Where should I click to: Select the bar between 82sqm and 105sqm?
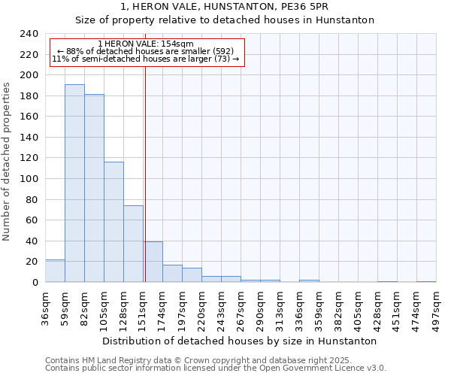point(94,188)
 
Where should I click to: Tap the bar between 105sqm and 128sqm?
point(114,222)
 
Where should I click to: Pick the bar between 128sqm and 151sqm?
point(133,244)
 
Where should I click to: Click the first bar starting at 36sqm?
point(55,271)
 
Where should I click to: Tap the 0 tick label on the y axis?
point(35,283)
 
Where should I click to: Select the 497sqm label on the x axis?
point(437,308)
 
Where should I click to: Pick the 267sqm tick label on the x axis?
point(241,308)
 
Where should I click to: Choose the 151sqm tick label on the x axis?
point(144,308)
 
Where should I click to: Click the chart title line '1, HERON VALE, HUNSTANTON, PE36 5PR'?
point(225,7)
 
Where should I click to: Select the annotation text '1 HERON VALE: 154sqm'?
point(146,44)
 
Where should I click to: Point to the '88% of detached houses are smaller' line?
point(146,51)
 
